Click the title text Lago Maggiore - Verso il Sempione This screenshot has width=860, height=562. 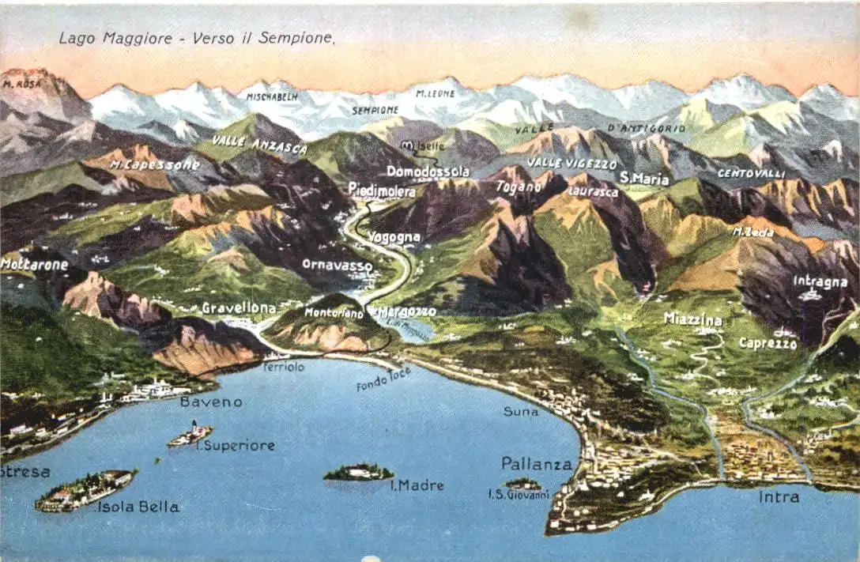pos(197,38)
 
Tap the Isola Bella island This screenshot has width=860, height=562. pos(85,489)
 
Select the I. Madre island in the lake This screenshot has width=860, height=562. pos(358,473)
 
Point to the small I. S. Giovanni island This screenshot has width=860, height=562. pos(522,484)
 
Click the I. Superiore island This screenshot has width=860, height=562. pos(190,434)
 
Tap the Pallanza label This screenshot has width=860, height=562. pos(536,464)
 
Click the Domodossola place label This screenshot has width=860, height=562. pos(428,172)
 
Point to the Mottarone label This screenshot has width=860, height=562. pos(34,265)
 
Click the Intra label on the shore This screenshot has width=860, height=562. pos(779,497)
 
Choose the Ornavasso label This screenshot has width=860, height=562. pos(337,265)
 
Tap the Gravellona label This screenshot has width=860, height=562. pos(239,307)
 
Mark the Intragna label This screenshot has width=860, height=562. pos(820,281)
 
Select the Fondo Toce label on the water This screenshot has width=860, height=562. pos(383,379)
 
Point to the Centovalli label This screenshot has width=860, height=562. pos(751,172)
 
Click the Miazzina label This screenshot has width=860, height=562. pos(692,319)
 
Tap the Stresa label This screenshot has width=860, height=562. pos(25,472)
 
